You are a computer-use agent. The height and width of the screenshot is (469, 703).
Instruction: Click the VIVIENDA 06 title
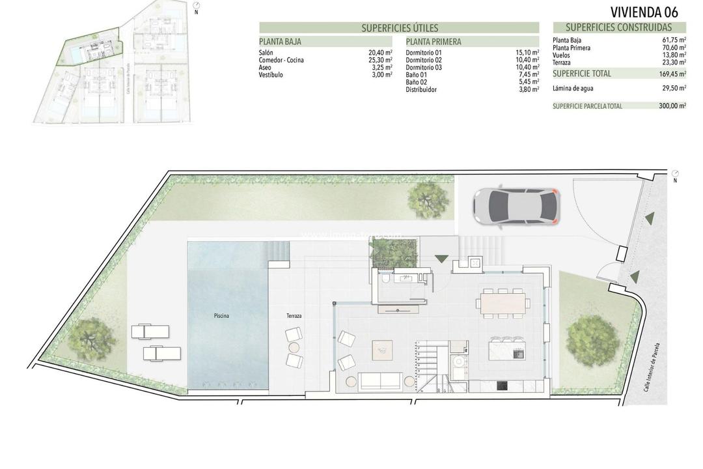tap(644, 12)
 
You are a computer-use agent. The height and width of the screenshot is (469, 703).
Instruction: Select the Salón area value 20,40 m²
tap(380, 53)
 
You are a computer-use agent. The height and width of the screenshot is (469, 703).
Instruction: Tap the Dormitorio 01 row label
tap(424, 53)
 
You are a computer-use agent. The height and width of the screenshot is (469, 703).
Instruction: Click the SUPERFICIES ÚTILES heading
tap(399, 28)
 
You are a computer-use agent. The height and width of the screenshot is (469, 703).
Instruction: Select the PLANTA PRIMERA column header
tap(434, 42)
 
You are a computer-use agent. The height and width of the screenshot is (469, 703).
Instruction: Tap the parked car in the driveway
tap(516, 206)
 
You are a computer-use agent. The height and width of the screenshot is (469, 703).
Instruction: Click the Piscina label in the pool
tap(221, 316)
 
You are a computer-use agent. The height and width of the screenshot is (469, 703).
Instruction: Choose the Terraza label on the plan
tap(294, 316)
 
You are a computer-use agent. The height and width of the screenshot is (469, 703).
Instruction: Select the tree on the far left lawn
tap(92, 337)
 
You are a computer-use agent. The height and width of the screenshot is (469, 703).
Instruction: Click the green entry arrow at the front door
tap(441, 258)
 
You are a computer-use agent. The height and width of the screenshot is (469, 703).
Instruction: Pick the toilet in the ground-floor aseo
tap(386, 279)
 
